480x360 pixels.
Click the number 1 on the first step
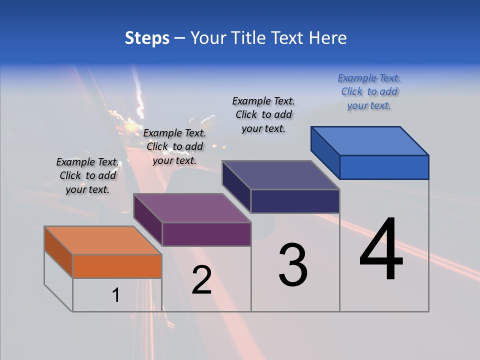tap(116, 295)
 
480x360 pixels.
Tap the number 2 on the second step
tap(201, 280)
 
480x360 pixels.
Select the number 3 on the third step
tap(293, 265)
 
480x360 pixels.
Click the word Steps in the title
tap(147, 38)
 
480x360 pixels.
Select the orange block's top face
tap(102, 240)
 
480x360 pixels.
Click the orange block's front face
tap(117, 266)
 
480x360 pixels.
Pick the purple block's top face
tap(192, 208)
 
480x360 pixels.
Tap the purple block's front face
tap(206, 234)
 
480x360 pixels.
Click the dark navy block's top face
tap(280, 175)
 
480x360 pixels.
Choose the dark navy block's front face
tap(295, 201)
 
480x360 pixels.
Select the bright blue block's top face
tap(370, 140)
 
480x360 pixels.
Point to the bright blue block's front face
tap(384, 167)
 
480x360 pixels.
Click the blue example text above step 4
tap(369, 91)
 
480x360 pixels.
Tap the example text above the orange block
tap(88, 175)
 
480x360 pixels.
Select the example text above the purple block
tap(174, 146)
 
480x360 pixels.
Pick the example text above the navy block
tap(263, 114)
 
